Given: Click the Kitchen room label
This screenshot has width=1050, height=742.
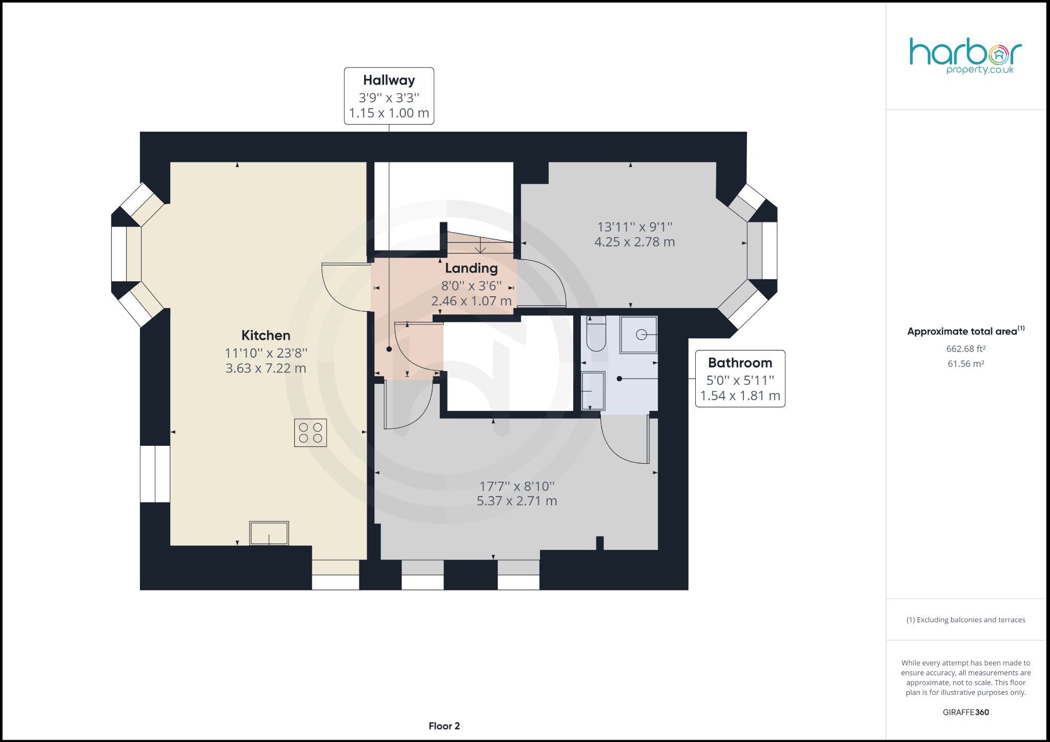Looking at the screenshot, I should [x=266, y=336].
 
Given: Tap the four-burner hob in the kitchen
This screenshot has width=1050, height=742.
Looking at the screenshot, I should [x=311, y=433].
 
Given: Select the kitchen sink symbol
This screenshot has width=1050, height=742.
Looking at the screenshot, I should [x=269, y=533].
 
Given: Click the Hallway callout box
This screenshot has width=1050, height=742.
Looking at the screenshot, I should [x=389, y=96].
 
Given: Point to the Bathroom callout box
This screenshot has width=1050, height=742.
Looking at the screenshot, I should [x=740, y=379].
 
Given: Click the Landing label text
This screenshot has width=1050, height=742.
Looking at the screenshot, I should [x=471, y=268].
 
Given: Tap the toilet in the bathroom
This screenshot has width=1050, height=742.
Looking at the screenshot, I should [x=595, y=334].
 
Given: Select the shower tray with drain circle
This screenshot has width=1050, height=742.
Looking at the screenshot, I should [x=639, y=335].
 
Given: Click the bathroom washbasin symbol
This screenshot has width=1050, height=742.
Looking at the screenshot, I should [x=593, y=391].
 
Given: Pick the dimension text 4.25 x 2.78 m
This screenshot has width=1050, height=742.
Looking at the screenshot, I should [x=634, y=242].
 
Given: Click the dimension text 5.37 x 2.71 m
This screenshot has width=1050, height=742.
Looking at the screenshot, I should [x=517, y=501].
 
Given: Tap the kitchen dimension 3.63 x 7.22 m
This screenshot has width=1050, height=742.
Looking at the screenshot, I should [x=266, y=368].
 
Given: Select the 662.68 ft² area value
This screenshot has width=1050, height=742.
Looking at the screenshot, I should [x=966, y=349].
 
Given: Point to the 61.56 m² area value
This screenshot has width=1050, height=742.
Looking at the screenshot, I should [x=966, y=364].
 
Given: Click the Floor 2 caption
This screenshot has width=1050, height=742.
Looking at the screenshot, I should [x=444, y=726].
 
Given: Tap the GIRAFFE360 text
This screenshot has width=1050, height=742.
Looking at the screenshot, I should [x=966, y=712].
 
